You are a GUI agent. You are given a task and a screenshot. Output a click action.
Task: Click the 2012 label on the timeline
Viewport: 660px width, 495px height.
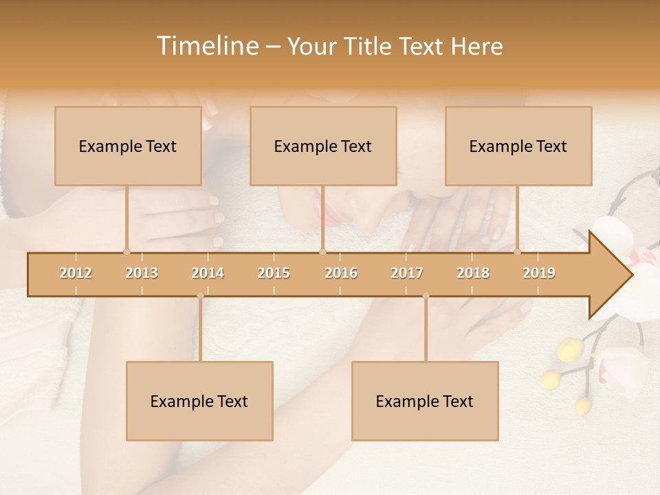(x=76, y=273)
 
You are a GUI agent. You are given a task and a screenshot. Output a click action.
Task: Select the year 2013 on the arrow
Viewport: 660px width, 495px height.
(x=142, y=273)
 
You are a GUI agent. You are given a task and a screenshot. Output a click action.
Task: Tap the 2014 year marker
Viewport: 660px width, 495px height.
(x=208, y=273)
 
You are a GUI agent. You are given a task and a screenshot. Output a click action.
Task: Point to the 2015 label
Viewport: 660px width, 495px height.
(x=274, y=273)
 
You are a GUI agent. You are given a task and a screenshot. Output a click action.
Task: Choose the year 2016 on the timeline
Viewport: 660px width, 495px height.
(x=341, y=273)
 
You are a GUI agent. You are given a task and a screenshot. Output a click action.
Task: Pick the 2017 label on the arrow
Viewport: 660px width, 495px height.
(x=407, y=273)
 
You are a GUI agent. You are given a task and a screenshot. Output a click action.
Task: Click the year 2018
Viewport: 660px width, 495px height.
(x=473, y=273)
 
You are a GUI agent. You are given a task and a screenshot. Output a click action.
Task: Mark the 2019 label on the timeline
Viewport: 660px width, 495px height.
(x=539, y=273)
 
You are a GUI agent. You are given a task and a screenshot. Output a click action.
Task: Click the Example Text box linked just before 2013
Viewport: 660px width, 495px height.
(x=128, y=146)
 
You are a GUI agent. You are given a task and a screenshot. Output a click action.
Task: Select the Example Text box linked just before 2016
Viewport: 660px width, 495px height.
(x=323, y=146)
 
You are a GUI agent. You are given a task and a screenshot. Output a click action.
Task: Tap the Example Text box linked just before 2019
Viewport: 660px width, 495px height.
(x=518, y=146)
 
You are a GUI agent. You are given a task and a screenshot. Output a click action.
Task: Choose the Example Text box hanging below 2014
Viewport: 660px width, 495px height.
(x=199, y=401)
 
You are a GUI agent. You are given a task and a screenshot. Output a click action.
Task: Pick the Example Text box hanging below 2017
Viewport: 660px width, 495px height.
(x=425, y=401)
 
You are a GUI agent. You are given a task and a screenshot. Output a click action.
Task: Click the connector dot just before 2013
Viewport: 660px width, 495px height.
(x=126, y=252)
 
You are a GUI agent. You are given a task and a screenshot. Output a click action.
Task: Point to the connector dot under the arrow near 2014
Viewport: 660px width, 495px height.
(x=200, y=296)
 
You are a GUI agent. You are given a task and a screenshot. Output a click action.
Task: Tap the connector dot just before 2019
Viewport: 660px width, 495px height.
(x=517, y=252)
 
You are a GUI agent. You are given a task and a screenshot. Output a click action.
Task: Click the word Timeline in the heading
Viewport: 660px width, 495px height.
(x=206, y=46)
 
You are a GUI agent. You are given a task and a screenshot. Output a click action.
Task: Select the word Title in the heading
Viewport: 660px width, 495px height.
(x=368, y=46)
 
